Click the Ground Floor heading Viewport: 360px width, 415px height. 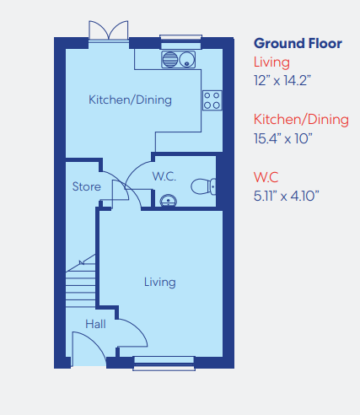point(298,43)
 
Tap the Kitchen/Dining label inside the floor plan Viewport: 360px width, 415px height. point(130,100)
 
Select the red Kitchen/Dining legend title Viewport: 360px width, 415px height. point(301,120)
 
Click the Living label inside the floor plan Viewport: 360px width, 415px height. point(160,282)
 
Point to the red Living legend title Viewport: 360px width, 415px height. point(271,62)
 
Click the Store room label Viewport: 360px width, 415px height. point(87,186)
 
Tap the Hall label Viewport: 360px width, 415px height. point(95,324)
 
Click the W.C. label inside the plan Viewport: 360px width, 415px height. point(164,176)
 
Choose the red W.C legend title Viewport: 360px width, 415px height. point(266,177)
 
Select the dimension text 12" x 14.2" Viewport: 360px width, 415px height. point(282,81)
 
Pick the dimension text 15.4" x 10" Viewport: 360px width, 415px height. point(282,138)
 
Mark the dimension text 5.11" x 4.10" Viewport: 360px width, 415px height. point(287,196)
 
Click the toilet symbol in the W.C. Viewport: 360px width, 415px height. point(203,186)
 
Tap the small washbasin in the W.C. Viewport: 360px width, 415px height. point(168,201)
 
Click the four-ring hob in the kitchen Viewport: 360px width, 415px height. point(212,100)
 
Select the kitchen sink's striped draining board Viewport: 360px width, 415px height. point(170,60)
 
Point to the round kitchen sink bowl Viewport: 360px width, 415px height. point(187,60)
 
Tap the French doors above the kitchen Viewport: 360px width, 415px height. point(109,30)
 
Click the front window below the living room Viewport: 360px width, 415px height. point(164,364)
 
